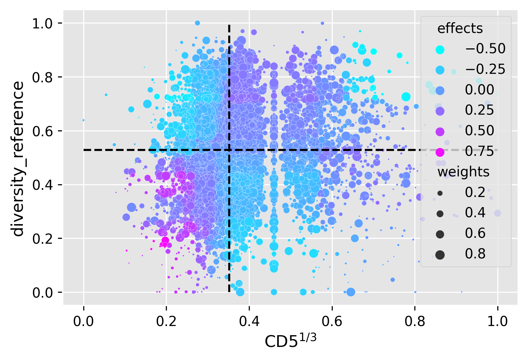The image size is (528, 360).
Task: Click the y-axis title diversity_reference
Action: tap(18, 159)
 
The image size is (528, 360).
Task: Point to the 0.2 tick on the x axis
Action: tap(167, 321)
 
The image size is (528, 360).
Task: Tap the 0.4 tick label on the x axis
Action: tap(249, 321)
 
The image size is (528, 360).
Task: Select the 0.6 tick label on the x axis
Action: tap(332, 321)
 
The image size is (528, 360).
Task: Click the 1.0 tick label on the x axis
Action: tap(497, 321)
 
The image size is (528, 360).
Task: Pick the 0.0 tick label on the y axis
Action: tap(42, 292)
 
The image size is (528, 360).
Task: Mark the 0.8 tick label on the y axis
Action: tap(42, 77)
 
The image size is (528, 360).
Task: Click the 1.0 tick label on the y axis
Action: tap(42, 24)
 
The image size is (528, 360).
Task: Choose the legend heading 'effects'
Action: tap(460, 29)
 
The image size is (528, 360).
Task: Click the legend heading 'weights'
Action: tap(463, 172)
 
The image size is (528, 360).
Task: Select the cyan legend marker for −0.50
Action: tap(440, 49)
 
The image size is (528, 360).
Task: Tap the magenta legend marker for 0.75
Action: tap(440, 152)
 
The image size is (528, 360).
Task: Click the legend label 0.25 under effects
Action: tap(479, 110)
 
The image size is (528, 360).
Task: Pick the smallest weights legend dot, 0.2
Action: tap(440, 193)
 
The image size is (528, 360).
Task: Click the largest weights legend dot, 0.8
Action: tap(440, 254)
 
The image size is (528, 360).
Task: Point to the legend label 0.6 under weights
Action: tap(475, 234)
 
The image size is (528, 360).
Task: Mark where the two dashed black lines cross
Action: tap(229, 150)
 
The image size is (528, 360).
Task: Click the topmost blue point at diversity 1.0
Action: tap(197, 23)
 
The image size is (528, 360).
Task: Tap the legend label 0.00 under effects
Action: tap(479, 90)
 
